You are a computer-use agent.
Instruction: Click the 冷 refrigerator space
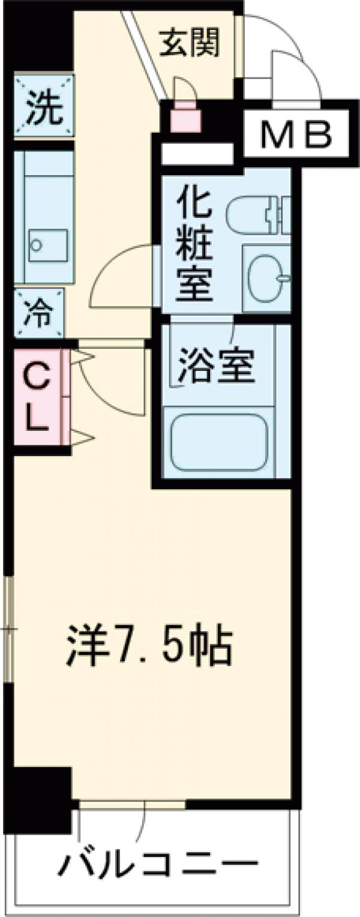click(x=38, y=313)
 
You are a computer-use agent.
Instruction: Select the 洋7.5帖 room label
click(x=148, y=644)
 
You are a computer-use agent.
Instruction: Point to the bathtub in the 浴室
click(x=218, y=439)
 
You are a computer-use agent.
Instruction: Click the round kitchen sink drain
click(x=38, y=244)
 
